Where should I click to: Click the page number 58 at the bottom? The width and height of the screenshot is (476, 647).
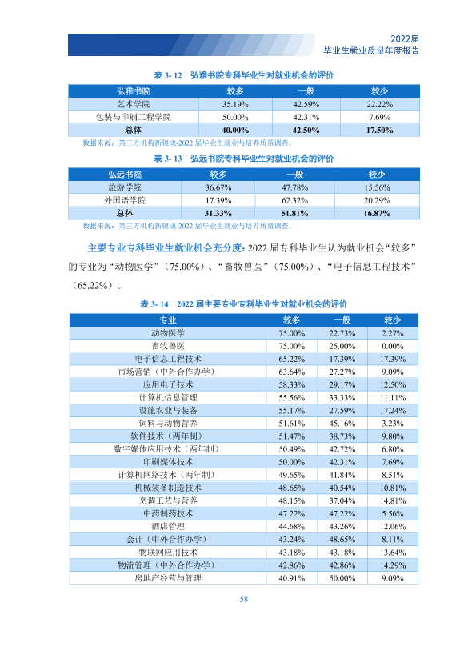point(243,599)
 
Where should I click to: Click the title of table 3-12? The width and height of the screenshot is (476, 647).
point(243,75)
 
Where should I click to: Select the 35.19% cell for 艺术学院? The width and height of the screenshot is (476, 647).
point(235,104)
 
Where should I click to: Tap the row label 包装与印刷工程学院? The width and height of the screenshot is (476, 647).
point(133,117)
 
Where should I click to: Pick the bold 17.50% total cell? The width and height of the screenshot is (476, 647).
point(379,130)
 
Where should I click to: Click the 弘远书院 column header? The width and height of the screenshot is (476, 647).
point(125,174)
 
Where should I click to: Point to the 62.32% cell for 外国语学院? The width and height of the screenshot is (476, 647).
point(294,200)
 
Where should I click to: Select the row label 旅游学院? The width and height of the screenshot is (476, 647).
point(125,187)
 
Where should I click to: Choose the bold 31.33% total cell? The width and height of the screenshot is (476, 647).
point(218,213)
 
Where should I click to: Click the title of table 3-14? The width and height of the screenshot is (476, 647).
point(243,304)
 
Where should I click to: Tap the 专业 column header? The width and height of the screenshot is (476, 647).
point(168,319)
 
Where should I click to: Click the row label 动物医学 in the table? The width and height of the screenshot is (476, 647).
point(168,333)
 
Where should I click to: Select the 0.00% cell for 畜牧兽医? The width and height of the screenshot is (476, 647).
point(392,346)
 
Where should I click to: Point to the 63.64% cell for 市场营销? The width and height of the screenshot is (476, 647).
point(292,372)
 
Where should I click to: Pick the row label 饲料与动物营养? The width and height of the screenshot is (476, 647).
point(168,423)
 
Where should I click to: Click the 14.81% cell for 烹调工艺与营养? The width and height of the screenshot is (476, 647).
point(393,501)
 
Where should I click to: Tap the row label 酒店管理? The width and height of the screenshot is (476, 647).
point(168,526)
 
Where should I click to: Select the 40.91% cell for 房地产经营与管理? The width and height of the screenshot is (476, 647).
point(292,578)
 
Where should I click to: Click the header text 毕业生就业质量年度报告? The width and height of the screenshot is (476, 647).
point(371,50)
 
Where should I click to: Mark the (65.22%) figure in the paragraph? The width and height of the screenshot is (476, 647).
point(92,286)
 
